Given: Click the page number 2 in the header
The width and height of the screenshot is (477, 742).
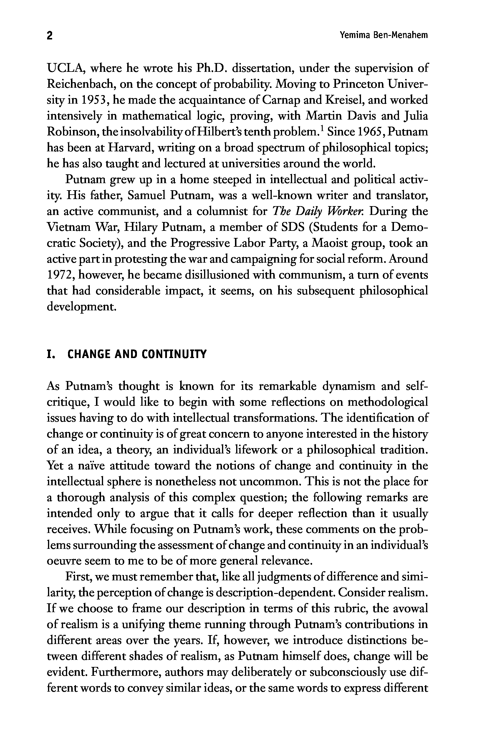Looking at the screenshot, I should tap(49, 36).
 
